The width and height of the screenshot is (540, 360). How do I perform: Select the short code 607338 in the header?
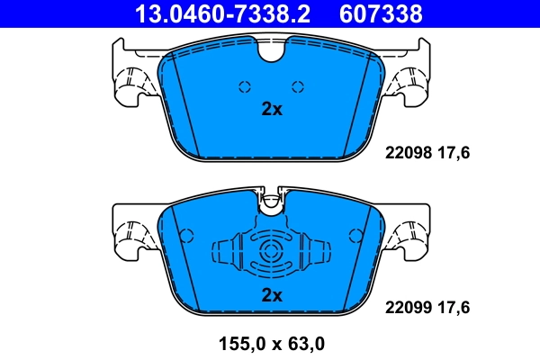pos(382,13)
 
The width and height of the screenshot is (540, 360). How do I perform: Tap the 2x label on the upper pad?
pos(271,110)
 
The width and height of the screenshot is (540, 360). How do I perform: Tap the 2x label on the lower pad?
pos(271,294)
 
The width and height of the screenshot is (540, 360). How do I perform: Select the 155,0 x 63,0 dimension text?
pos(270,343)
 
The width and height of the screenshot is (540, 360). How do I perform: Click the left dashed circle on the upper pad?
pos(243,86)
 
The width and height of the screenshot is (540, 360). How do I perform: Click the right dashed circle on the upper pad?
pos(298,86)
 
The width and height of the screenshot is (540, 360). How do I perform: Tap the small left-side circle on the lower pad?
pos(188,236)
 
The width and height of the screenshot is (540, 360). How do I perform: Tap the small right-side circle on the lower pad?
pos(353,236)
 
